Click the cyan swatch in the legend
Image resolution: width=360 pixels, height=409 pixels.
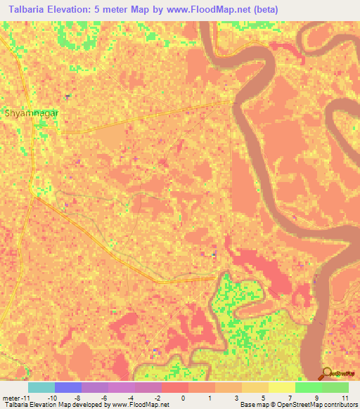pos(41,387)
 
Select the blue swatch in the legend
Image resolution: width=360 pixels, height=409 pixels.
pos(68,387)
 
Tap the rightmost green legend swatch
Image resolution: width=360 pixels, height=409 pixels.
pos(335,387)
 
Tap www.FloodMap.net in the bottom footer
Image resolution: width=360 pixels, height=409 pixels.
pos(140,405)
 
